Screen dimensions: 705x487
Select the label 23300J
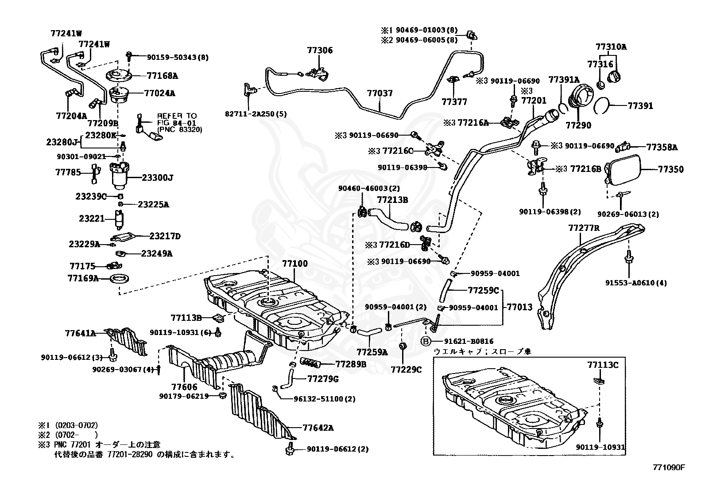click(157, 178)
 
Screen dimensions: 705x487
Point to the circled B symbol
click(426, 341)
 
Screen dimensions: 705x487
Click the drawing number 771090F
click(669, 468)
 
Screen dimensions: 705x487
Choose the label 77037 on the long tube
click(380, 93)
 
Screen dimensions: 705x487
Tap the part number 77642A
click(318, 428)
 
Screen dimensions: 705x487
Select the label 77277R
click(584, 228)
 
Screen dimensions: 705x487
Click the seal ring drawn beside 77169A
click(120, 278)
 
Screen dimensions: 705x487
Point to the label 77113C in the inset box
click(603, 365)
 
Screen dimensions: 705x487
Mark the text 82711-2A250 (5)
click(256, 114)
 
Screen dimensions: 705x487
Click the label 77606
click(184, 387)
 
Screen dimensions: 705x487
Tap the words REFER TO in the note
click(177, 116)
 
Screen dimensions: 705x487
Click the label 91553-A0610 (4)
click(636, 283)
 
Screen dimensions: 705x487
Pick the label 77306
click(320, 51)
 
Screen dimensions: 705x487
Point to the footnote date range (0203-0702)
click(77, 425)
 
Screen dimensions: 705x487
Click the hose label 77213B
click(392, 200)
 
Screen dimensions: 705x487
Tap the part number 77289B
click(351, 364)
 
